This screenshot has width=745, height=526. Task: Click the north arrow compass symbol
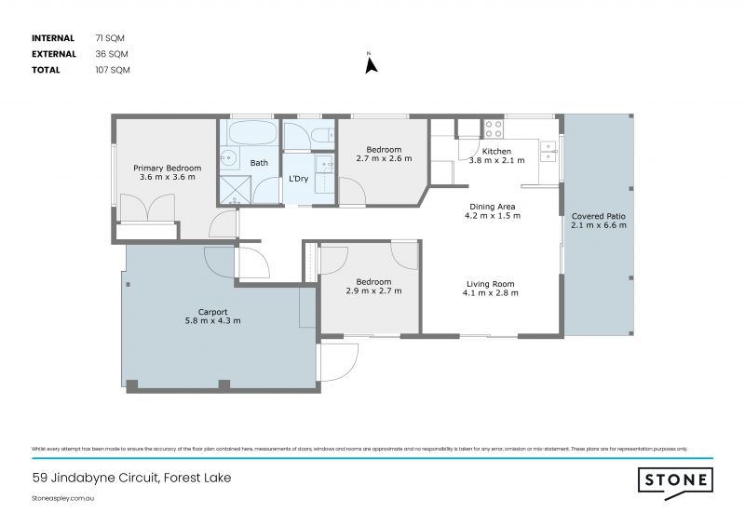pyautogui.click(x=370, y=65)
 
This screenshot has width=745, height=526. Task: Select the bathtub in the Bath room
pyautogui.click(x=250, y=132)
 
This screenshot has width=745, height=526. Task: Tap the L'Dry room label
pyautogui.click(x=298, y=178)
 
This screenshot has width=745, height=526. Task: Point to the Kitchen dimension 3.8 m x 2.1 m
pyautogui.click(x=495, y=160)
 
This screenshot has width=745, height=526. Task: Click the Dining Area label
pyautogui.click(x=492, y=207)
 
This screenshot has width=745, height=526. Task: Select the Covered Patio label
pyautogui.click(x=598, y=216)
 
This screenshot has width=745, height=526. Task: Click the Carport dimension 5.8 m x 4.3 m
pyautogui.click(x=213, y=321)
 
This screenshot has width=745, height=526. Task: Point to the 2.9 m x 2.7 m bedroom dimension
pyautogui.click(x=372, y=290)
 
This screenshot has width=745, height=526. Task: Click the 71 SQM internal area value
pyautogui.click(x=109, y=38)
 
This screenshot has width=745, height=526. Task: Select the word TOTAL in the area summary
pyautogui.click(x=46, y=70)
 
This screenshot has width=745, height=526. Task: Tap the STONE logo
pyautogui.click(x=675, y=480)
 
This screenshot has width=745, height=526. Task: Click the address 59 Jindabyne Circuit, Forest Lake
pyautogui.click(x=131, y=479)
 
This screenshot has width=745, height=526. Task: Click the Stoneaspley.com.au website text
pyautogui.click(x=64, y=499)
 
